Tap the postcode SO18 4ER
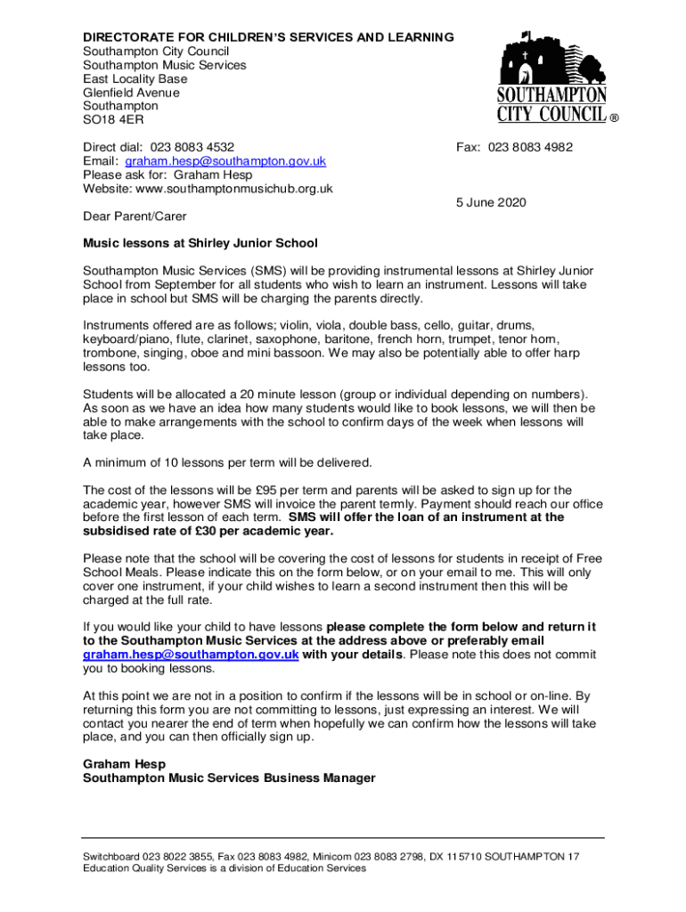click(113, 119)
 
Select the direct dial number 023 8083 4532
click(192, 148)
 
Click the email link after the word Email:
click(225, 161)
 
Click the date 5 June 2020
click(491, 202)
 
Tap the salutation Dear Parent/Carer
click(135, 216)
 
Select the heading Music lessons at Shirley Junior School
click(200, 243)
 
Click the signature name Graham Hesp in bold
click(124, 764)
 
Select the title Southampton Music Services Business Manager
click(229, 778)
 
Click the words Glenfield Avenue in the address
click(131, 93)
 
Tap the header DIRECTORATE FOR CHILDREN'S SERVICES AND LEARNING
click(268, 37)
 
